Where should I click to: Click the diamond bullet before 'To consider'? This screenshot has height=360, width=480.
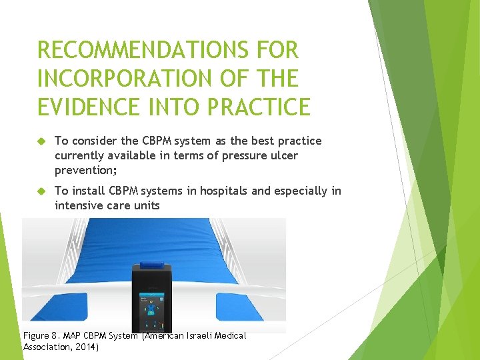(41, 141)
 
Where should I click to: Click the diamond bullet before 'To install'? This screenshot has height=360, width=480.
(41, 191)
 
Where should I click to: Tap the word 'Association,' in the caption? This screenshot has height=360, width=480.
(47, 347)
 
